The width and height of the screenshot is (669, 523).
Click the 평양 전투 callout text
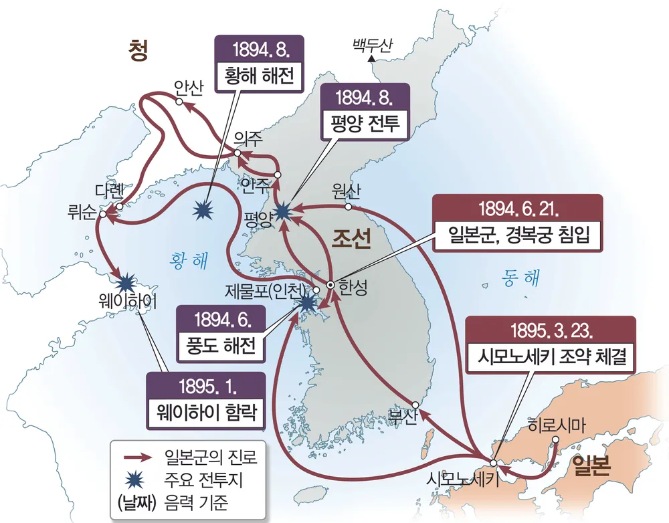[x=364, y=124]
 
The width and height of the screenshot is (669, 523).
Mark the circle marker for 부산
[x=416, y=405]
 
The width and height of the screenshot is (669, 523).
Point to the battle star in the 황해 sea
[x=203, y=211]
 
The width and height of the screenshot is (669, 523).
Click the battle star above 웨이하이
[x=125, y=278]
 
